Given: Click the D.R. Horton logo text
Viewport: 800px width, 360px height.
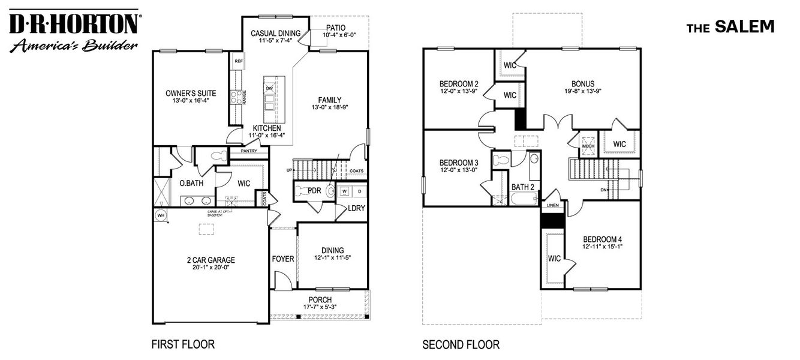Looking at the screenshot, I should [74, 25].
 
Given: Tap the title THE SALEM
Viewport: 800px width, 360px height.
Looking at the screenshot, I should [730, 27].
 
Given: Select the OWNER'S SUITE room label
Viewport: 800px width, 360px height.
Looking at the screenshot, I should [191, 94].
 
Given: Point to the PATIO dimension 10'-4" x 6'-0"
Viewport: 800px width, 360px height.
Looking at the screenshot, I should [339, 35].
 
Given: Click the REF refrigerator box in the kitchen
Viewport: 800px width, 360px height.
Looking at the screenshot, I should [238, 61].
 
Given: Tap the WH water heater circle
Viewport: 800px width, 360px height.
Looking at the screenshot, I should [161, 215].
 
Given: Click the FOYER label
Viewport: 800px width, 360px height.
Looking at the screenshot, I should [283, 259].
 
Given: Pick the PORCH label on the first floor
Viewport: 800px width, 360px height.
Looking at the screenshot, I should [320, 300].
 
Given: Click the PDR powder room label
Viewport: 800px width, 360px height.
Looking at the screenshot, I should [315, 191].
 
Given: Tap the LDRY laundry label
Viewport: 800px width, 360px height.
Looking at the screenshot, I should [357, 208].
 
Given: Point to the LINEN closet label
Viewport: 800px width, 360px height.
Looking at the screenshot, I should [552, 205].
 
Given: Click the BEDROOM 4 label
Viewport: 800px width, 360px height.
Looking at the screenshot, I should [602, 239].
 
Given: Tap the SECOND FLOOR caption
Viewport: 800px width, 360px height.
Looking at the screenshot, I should [461, 344].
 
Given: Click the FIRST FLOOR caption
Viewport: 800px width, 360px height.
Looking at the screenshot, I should [182, 344].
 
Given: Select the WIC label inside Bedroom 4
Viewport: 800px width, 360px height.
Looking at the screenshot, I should [554, 259].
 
